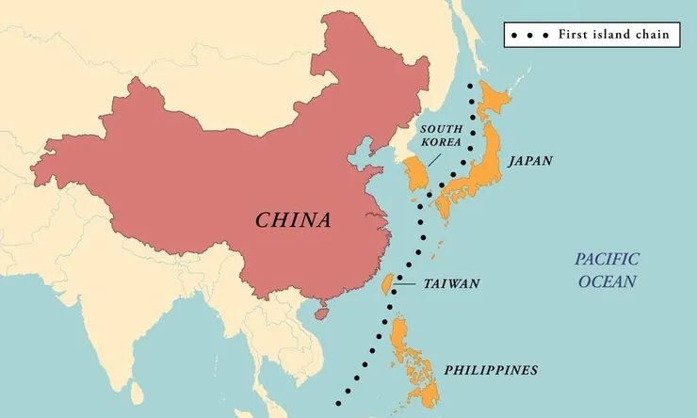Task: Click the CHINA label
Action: pyautogui.click(x=294, y=220)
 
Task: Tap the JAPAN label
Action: pyautogui.click(x=530, y=161)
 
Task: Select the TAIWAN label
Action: pyautogui.click(x=452, y=283)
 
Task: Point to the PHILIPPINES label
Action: pyautogui.click(x=491, y=369)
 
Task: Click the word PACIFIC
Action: pyautogui.click(x=608, y=259)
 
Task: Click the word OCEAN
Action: pyautogui.click(x=608, y=281)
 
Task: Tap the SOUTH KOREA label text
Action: pyautogui.click(x=441, y=135)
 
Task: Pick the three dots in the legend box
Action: pyautogui.click(x=530, y=36)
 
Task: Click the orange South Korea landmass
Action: pyautogui.click(x=415, y=177)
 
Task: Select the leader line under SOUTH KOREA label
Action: pyautogui.click(x=432, y=158)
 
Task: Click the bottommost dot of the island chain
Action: pyautogui.click(x=338, y=402)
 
